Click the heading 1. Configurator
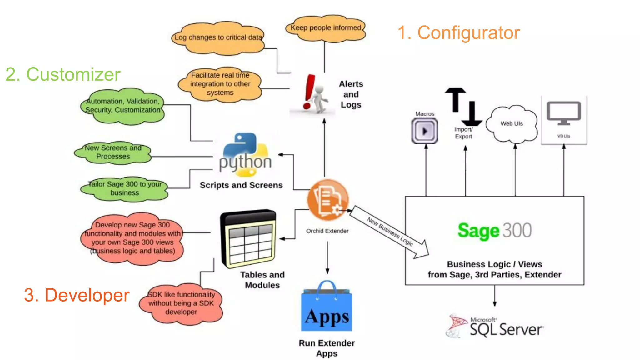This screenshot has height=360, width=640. tap(458, 33)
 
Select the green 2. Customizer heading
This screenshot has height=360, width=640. tap(63, 74)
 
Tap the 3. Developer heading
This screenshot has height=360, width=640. tap(77, 295)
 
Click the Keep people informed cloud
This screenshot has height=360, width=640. tap(326, 28)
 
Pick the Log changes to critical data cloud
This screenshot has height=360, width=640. tap(218, 38)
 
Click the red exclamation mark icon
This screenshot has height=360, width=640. tap(309, 92)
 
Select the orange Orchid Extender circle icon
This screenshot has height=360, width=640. tap(327, 200)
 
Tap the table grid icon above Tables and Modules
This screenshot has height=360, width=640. tap(249, 239)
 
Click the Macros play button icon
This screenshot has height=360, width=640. tap(424, 131)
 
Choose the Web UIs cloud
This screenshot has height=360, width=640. tap(512, 124)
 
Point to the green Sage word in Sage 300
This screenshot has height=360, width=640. tap(478, 231)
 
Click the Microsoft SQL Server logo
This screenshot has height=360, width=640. tap(495, 327)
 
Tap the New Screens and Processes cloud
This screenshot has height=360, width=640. tap(113, 152)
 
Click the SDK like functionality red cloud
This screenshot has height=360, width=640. tap(181, 303)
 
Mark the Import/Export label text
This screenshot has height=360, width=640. tap(463, 133)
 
